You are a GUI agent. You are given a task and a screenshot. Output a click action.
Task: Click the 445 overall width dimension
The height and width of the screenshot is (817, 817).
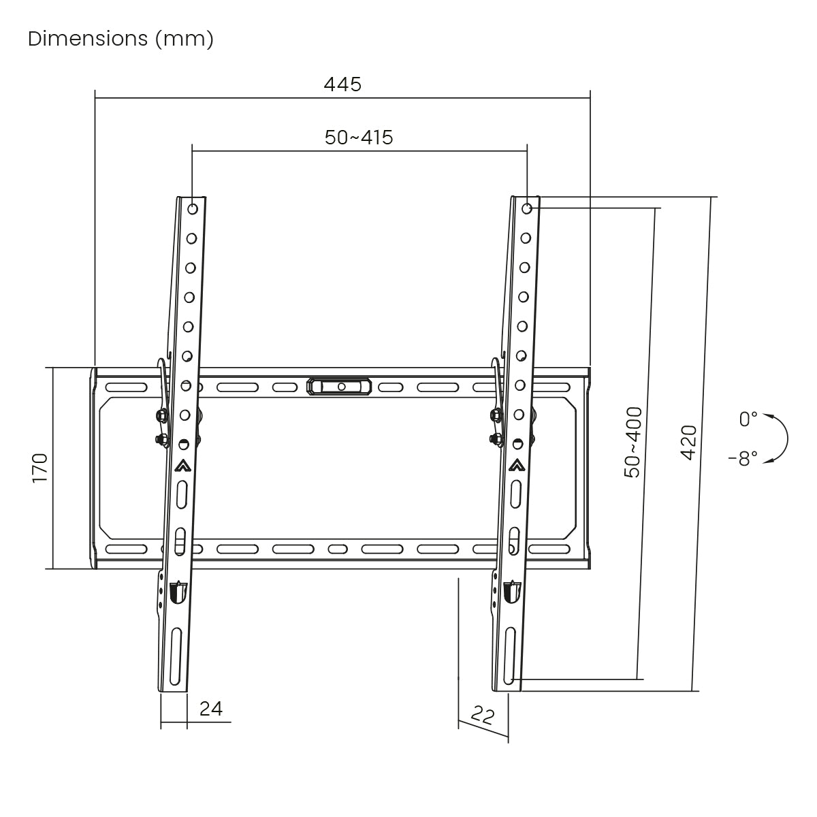pos(342,84)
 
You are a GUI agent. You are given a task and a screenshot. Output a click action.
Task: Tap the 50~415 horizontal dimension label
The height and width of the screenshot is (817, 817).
pos(359,138)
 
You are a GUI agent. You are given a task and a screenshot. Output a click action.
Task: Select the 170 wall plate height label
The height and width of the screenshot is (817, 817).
pos(40,468)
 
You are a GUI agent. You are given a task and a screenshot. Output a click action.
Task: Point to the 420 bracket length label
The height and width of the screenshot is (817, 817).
pos(688,443)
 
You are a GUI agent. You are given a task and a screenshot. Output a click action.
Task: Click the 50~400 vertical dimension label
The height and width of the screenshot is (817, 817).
pos(633,443)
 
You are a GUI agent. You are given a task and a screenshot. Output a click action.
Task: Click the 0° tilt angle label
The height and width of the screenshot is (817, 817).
pos(748,419)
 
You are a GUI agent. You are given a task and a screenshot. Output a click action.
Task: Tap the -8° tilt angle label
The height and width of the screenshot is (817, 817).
pos(743,458)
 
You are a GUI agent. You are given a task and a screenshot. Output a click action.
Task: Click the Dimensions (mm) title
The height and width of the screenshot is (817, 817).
pos(121,39)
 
